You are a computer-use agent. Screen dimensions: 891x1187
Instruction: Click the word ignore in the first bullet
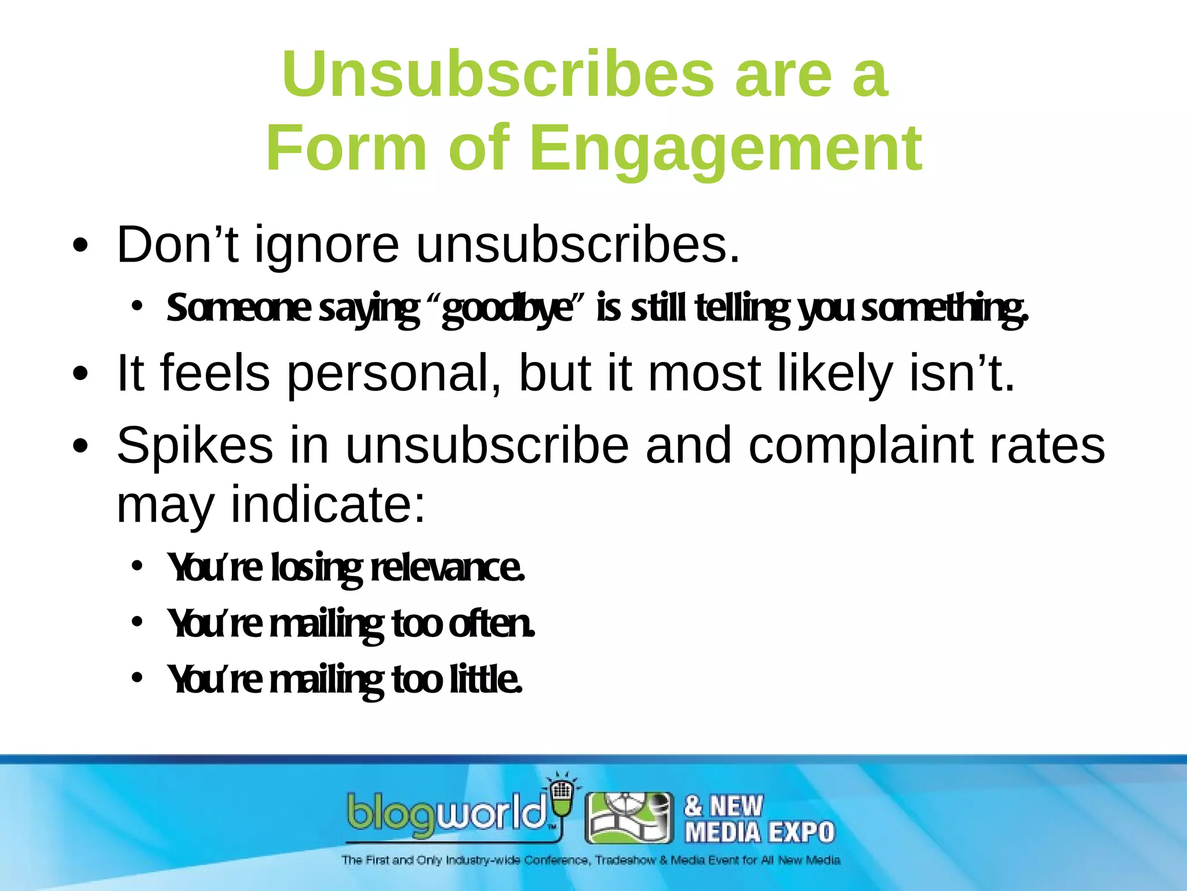point(327,246)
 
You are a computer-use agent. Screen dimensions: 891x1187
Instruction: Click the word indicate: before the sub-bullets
point(328,505)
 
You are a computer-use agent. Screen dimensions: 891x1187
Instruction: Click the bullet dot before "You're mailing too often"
point(137,622)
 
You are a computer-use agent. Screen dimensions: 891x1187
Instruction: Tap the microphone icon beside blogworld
point(561,798)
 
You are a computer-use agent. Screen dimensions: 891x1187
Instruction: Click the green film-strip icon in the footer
point(629,818)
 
